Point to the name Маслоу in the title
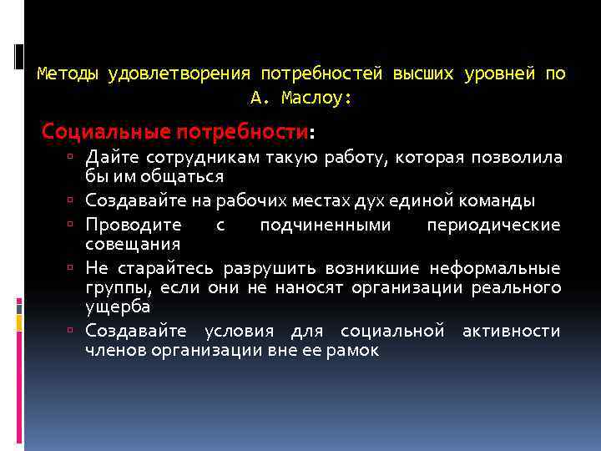312,98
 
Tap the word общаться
188,176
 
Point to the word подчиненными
324,225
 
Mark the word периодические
493,225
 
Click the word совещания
133,244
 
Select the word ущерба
118,306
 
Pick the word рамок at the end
356,350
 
